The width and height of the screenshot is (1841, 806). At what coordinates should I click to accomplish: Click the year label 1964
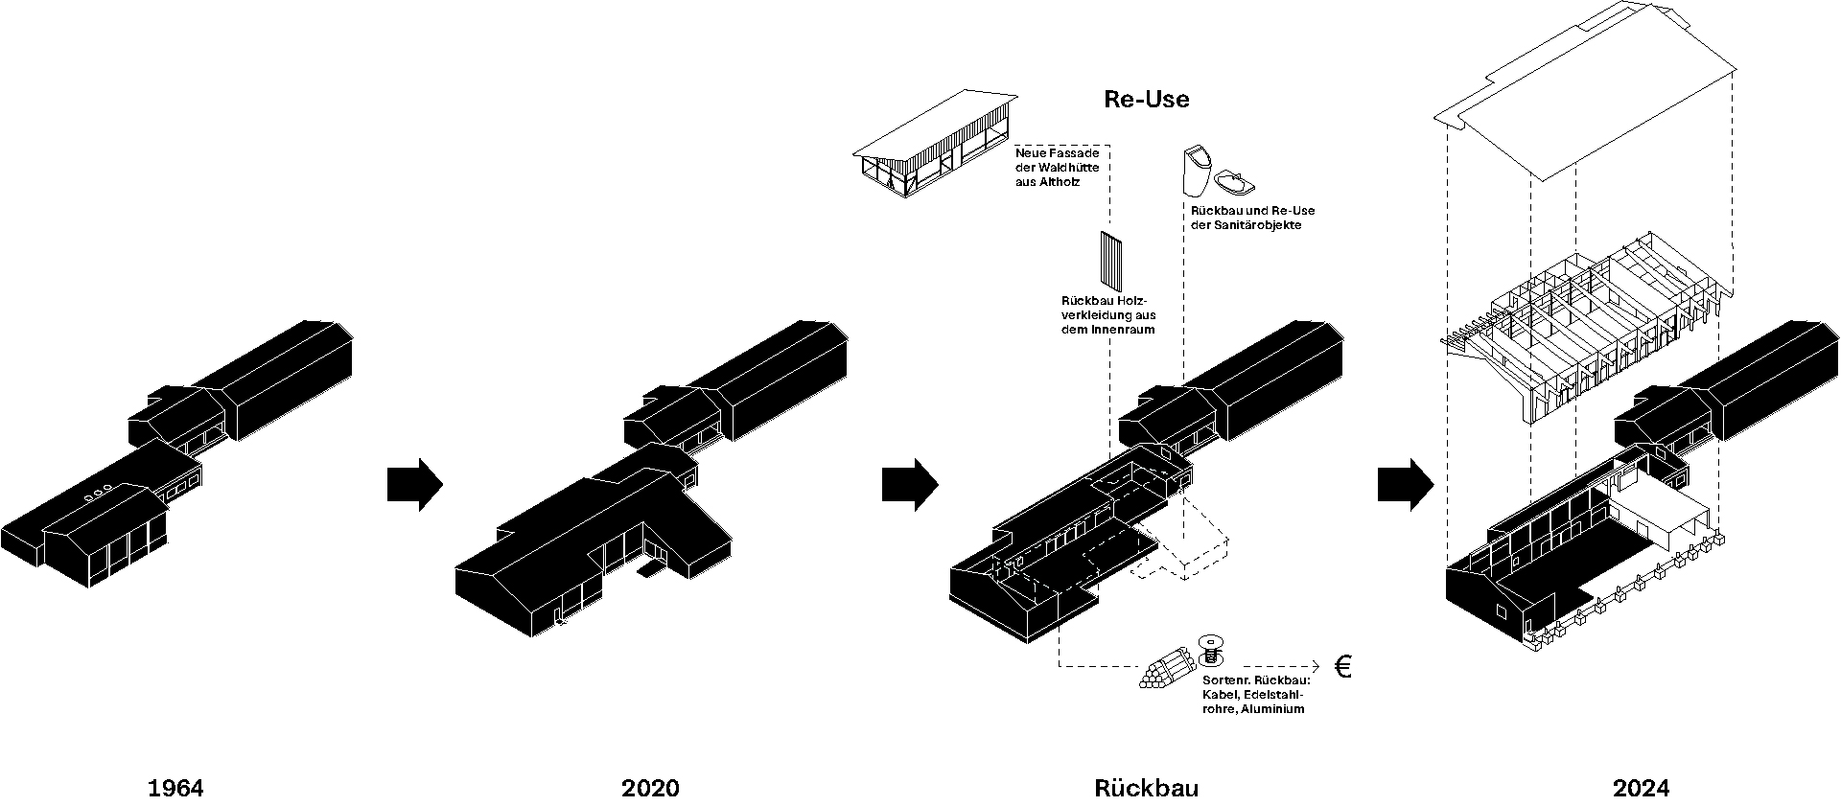175,788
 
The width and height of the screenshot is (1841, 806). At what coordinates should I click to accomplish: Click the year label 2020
650,788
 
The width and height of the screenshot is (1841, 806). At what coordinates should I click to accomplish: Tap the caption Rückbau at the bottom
1146,788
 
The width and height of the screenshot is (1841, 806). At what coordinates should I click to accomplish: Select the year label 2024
1641,788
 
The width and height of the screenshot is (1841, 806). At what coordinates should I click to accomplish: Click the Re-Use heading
1146,100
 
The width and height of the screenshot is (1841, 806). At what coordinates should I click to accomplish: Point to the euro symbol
1342,667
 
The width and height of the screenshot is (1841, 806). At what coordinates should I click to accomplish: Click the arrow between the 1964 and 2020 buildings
414,485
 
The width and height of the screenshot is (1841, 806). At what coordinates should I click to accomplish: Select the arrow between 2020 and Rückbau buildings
909,485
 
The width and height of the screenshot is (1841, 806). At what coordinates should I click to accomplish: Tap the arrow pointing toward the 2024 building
1405,485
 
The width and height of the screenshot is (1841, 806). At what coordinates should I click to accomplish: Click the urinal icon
1196,172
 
